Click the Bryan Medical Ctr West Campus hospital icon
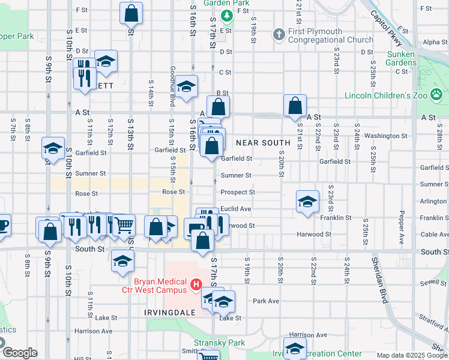pyautogui.click(x=195, y=284)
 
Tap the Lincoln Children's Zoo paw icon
pyautogui.click(x=436, y=95)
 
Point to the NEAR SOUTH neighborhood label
pyautogui.click(x=263, y=143)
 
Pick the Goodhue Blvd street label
pyautogui.click(x=172, y=82)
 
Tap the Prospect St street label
pyautogui.click(x=238, y=193)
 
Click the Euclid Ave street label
pyautogui.click(x=235, y=209)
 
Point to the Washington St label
pyautogui.click(x=386, y=136)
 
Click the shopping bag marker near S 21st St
pyautogui.click(x=295, y=106)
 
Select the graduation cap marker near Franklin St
pyautogui.click(x=307, y=202)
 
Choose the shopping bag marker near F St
pyautogui.click(x=131, y=12)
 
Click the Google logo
pyautogui.click(x=19, y=353)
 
